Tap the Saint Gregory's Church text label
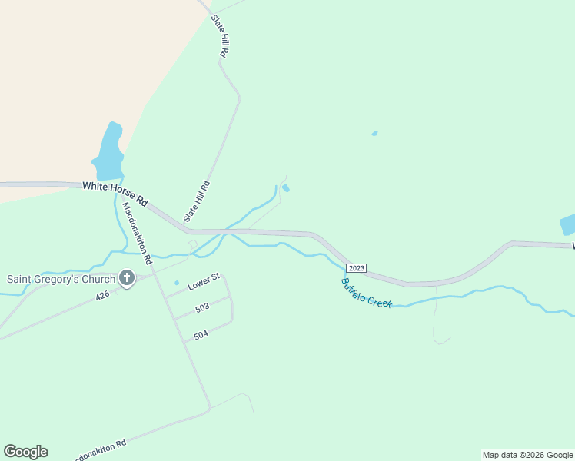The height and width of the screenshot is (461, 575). (61, 279)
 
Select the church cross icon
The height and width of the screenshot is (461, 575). (127, 279)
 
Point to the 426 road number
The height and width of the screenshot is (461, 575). (104, 294)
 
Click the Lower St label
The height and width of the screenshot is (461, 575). (204, 281)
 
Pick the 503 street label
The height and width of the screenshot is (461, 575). (202, 307)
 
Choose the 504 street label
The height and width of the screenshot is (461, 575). (201, 335)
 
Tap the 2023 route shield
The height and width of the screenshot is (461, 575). (356, 268)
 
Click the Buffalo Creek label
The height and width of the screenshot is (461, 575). (367, 293)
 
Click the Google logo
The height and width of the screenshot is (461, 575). (26, 452)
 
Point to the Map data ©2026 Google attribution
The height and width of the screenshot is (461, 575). (527, 455)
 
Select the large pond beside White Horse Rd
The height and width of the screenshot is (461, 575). (109, 151)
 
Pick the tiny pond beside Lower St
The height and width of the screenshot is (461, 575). (177, 282)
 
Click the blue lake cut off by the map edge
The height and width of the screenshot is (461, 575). (568, 224)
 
